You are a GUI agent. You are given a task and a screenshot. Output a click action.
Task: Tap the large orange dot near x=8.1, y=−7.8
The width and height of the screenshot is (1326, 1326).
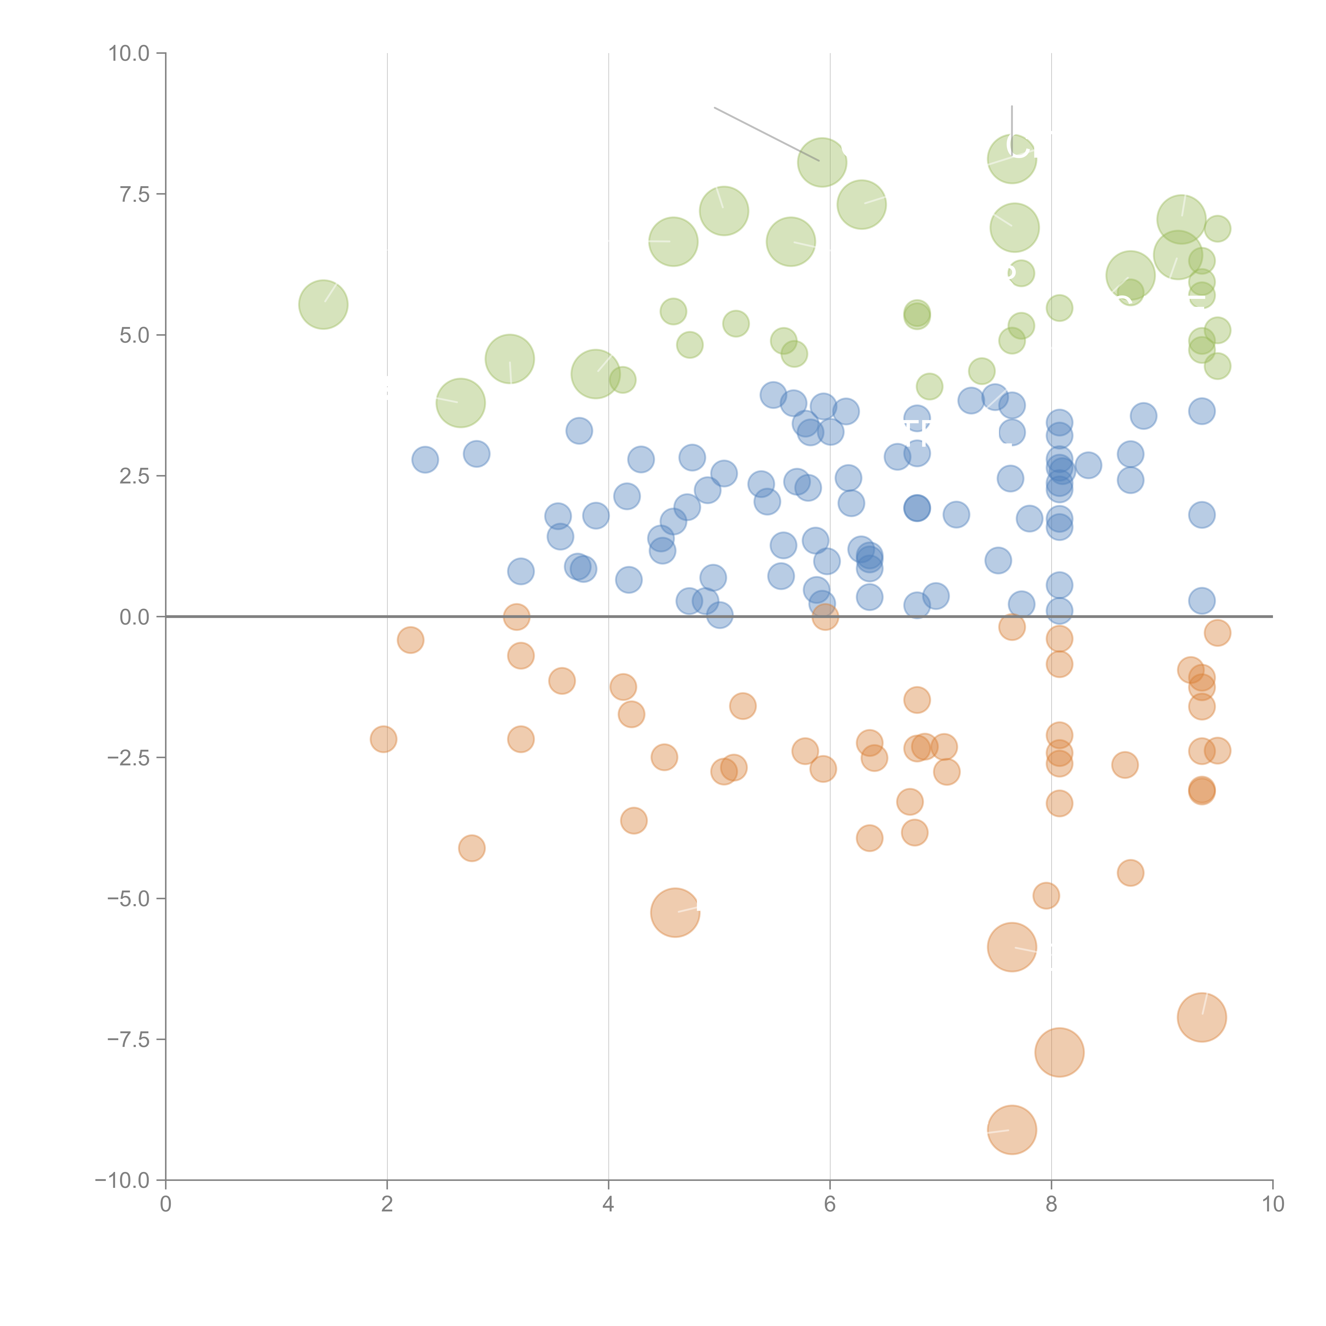click(1059, 1052)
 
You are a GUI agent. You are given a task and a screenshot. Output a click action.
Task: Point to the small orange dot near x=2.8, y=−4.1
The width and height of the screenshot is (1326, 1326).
click(472, 848)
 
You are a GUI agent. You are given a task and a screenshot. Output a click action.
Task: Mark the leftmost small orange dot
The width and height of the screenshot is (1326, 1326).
click(383, 739)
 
